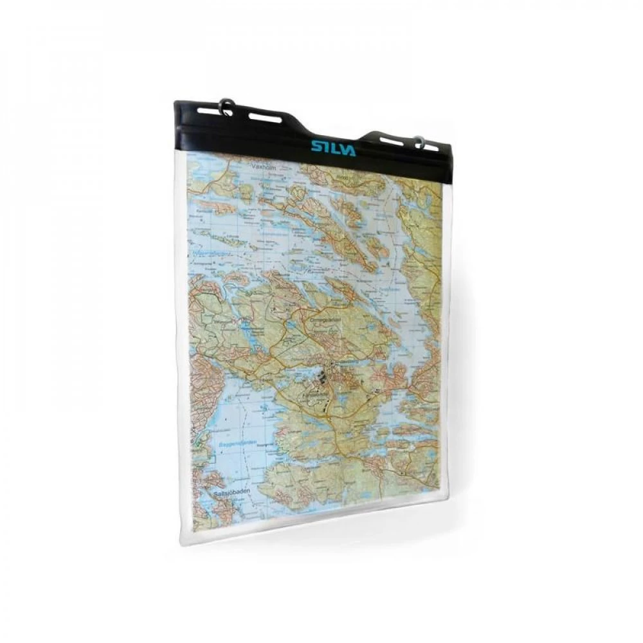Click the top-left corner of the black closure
click(x=175, y=103)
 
